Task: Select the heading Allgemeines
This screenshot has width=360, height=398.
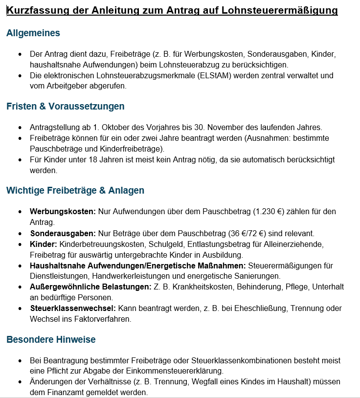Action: (33, 33)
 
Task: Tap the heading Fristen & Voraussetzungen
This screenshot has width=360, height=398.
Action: (65, 106)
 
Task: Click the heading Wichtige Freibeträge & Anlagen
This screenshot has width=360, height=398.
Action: (75, 190)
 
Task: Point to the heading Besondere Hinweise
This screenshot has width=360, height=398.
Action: (51, 339)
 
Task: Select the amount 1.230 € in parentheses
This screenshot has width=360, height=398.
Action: (270, 212)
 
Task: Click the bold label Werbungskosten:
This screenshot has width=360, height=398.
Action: (63, 212)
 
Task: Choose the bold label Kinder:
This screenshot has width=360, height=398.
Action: (44, 244)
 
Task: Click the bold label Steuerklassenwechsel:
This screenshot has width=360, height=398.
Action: (73, 308)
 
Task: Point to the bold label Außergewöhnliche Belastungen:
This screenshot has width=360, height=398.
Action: (90, 287)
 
